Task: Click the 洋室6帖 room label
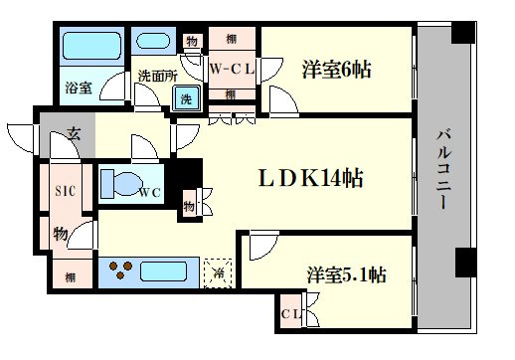point(336,70)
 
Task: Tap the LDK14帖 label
point(310,178)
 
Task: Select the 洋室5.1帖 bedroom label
point(346,274)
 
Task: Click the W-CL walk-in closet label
point(232,70)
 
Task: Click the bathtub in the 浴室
point(91,46)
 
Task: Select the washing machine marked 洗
point(186,98)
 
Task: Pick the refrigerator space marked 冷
point(218,273)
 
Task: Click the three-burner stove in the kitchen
point(120,270)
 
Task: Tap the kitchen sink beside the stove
point(163,271)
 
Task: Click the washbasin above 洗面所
point(153,41)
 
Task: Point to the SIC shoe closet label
point(65,191)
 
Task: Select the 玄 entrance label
point(74,133)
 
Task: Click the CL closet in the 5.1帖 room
point(291,313)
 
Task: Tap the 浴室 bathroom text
point(79,88)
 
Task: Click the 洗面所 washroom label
point(157,76)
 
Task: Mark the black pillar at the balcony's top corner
point(463,33)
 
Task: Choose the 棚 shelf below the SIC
point(70,277)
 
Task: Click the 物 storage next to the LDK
point(189,206)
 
